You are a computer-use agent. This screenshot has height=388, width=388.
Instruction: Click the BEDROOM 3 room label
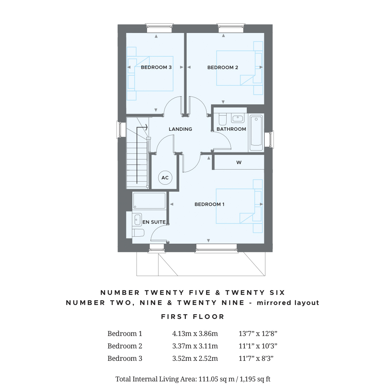pos(156,68)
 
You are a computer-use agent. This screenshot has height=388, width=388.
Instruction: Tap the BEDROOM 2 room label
pos(223,68)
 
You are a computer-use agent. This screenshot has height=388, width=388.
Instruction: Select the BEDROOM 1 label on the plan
pos(210,204)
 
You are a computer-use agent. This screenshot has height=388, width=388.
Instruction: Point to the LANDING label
pos(180,129)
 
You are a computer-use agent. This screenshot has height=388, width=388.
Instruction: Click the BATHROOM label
pos(231,129)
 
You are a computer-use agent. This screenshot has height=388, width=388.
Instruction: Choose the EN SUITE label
pos(154,222)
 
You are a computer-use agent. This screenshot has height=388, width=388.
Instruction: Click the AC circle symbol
pos(165,178)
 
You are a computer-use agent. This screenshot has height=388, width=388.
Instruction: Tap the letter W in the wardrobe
pos(239,163)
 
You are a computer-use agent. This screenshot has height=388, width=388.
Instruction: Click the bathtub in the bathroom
pos(256,133)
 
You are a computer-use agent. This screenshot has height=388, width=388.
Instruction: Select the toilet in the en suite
pos(138,233)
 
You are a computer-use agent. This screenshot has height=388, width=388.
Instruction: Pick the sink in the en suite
pos(136,220)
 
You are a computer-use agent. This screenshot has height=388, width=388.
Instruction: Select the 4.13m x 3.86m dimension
pos(195,334)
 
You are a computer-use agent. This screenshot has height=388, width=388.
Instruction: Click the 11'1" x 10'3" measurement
pos(258,346)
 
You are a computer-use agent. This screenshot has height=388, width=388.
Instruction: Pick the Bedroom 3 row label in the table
pos(125,359)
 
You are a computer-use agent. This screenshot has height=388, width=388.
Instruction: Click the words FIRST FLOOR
pos(193,317)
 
